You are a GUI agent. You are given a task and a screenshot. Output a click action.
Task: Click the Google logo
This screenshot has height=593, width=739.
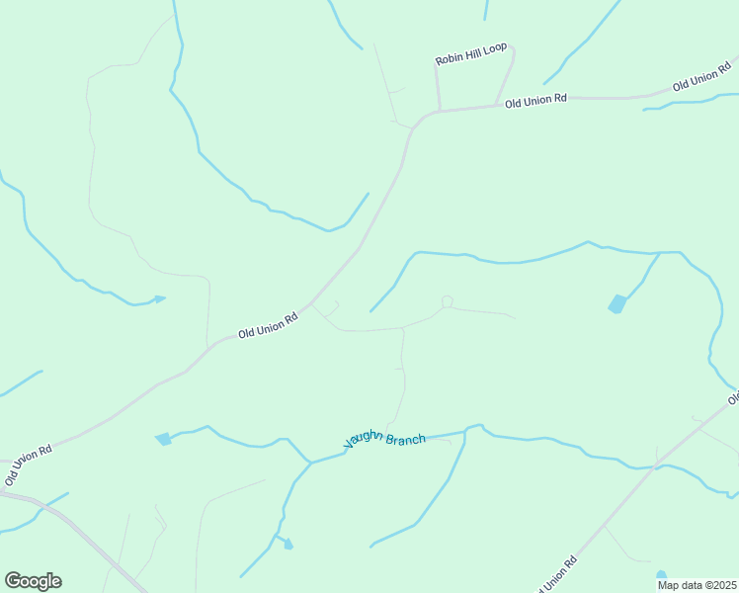33,581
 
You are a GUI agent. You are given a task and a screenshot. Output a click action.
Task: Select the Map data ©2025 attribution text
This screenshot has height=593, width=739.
698,585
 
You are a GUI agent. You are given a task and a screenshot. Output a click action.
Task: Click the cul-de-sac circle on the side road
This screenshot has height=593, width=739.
448,301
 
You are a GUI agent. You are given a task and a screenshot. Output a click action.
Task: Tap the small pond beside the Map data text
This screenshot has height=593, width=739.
661,574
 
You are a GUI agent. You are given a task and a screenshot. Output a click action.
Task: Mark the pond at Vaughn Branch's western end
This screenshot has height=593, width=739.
164,439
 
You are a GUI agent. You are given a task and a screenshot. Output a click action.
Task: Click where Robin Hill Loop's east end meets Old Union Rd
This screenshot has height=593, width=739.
496,105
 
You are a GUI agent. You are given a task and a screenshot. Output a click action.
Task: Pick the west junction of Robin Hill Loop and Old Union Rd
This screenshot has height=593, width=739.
440,110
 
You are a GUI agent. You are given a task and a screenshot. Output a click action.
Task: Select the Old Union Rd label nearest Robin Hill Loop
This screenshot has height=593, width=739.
535,100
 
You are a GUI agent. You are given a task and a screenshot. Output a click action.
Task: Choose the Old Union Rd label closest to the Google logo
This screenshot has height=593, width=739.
27,465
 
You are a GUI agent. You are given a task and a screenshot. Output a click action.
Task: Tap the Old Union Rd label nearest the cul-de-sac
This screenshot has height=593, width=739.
268,326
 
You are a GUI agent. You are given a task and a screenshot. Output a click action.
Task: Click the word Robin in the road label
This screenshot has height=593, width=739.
449,60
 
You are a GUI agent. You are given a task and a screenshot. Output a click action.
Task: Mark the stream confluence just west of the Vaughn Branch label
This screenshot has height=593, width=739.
311,462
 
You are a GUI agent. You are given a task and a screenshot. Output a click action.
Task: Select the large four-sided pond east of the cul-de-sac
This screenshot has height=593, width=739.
617,303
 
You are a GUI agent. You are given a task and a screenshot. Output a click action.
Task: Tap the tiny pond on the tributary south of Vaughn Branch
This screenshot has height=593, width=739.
287,543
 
